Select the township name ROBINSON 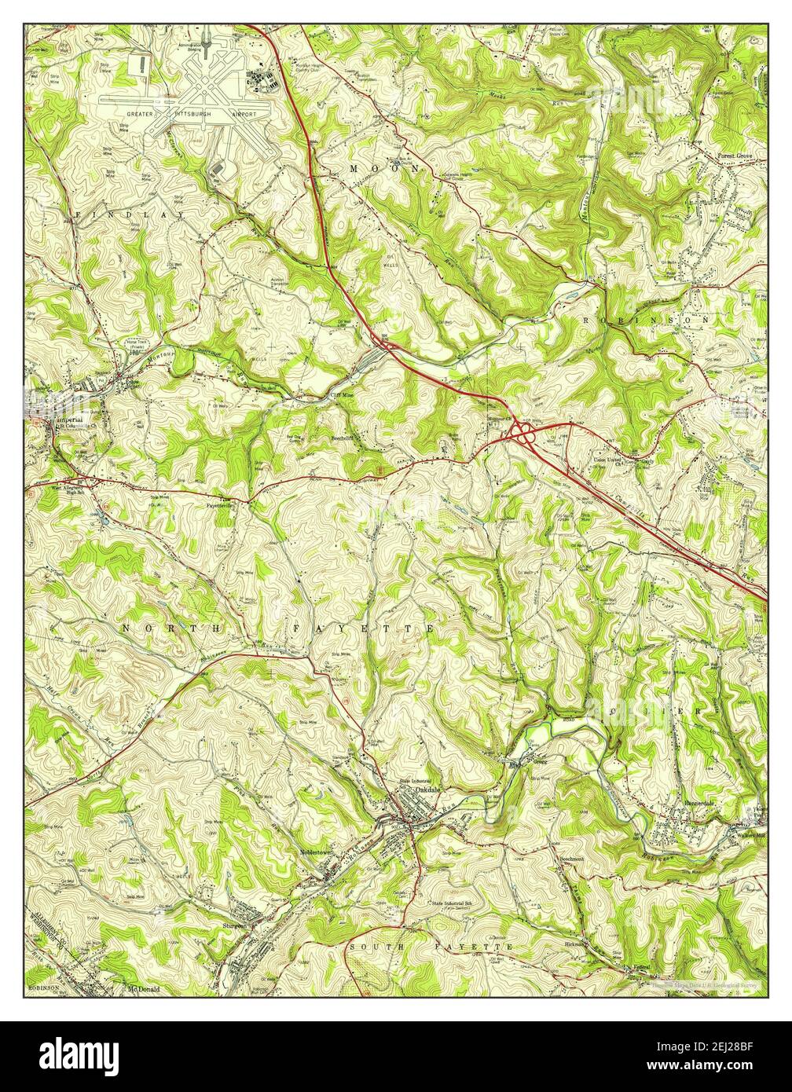[x=647, y=321]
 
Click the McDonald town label [x=142, y=989]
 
